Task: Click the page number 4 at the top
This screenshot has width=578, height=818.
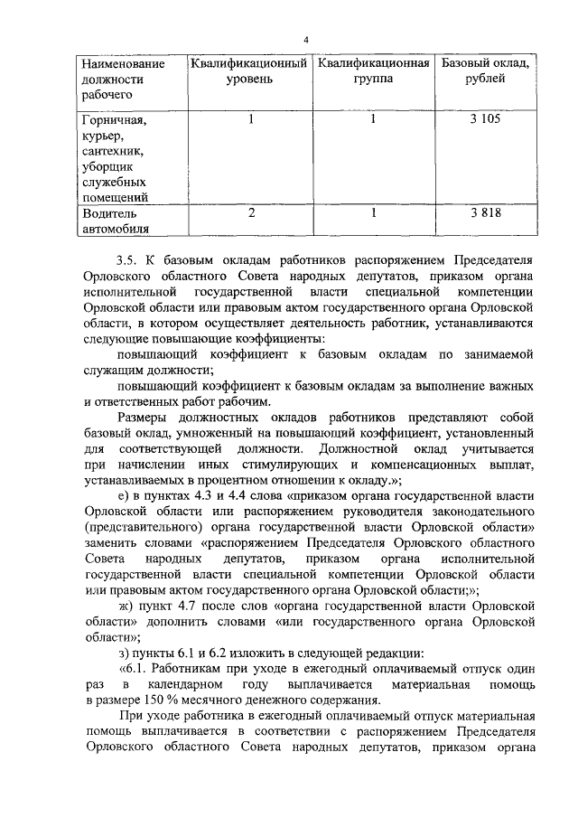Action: (305, 41)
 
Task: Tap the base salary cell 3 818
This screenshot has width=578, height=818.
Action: (485, 214)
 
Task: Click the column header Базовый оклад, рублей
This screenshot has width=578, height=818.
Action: (485, 71)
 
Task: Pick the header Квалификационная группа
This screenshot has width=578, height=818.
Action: (373, 71)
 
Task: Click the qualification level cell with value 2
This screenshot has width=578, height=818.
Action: (252, 214)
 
